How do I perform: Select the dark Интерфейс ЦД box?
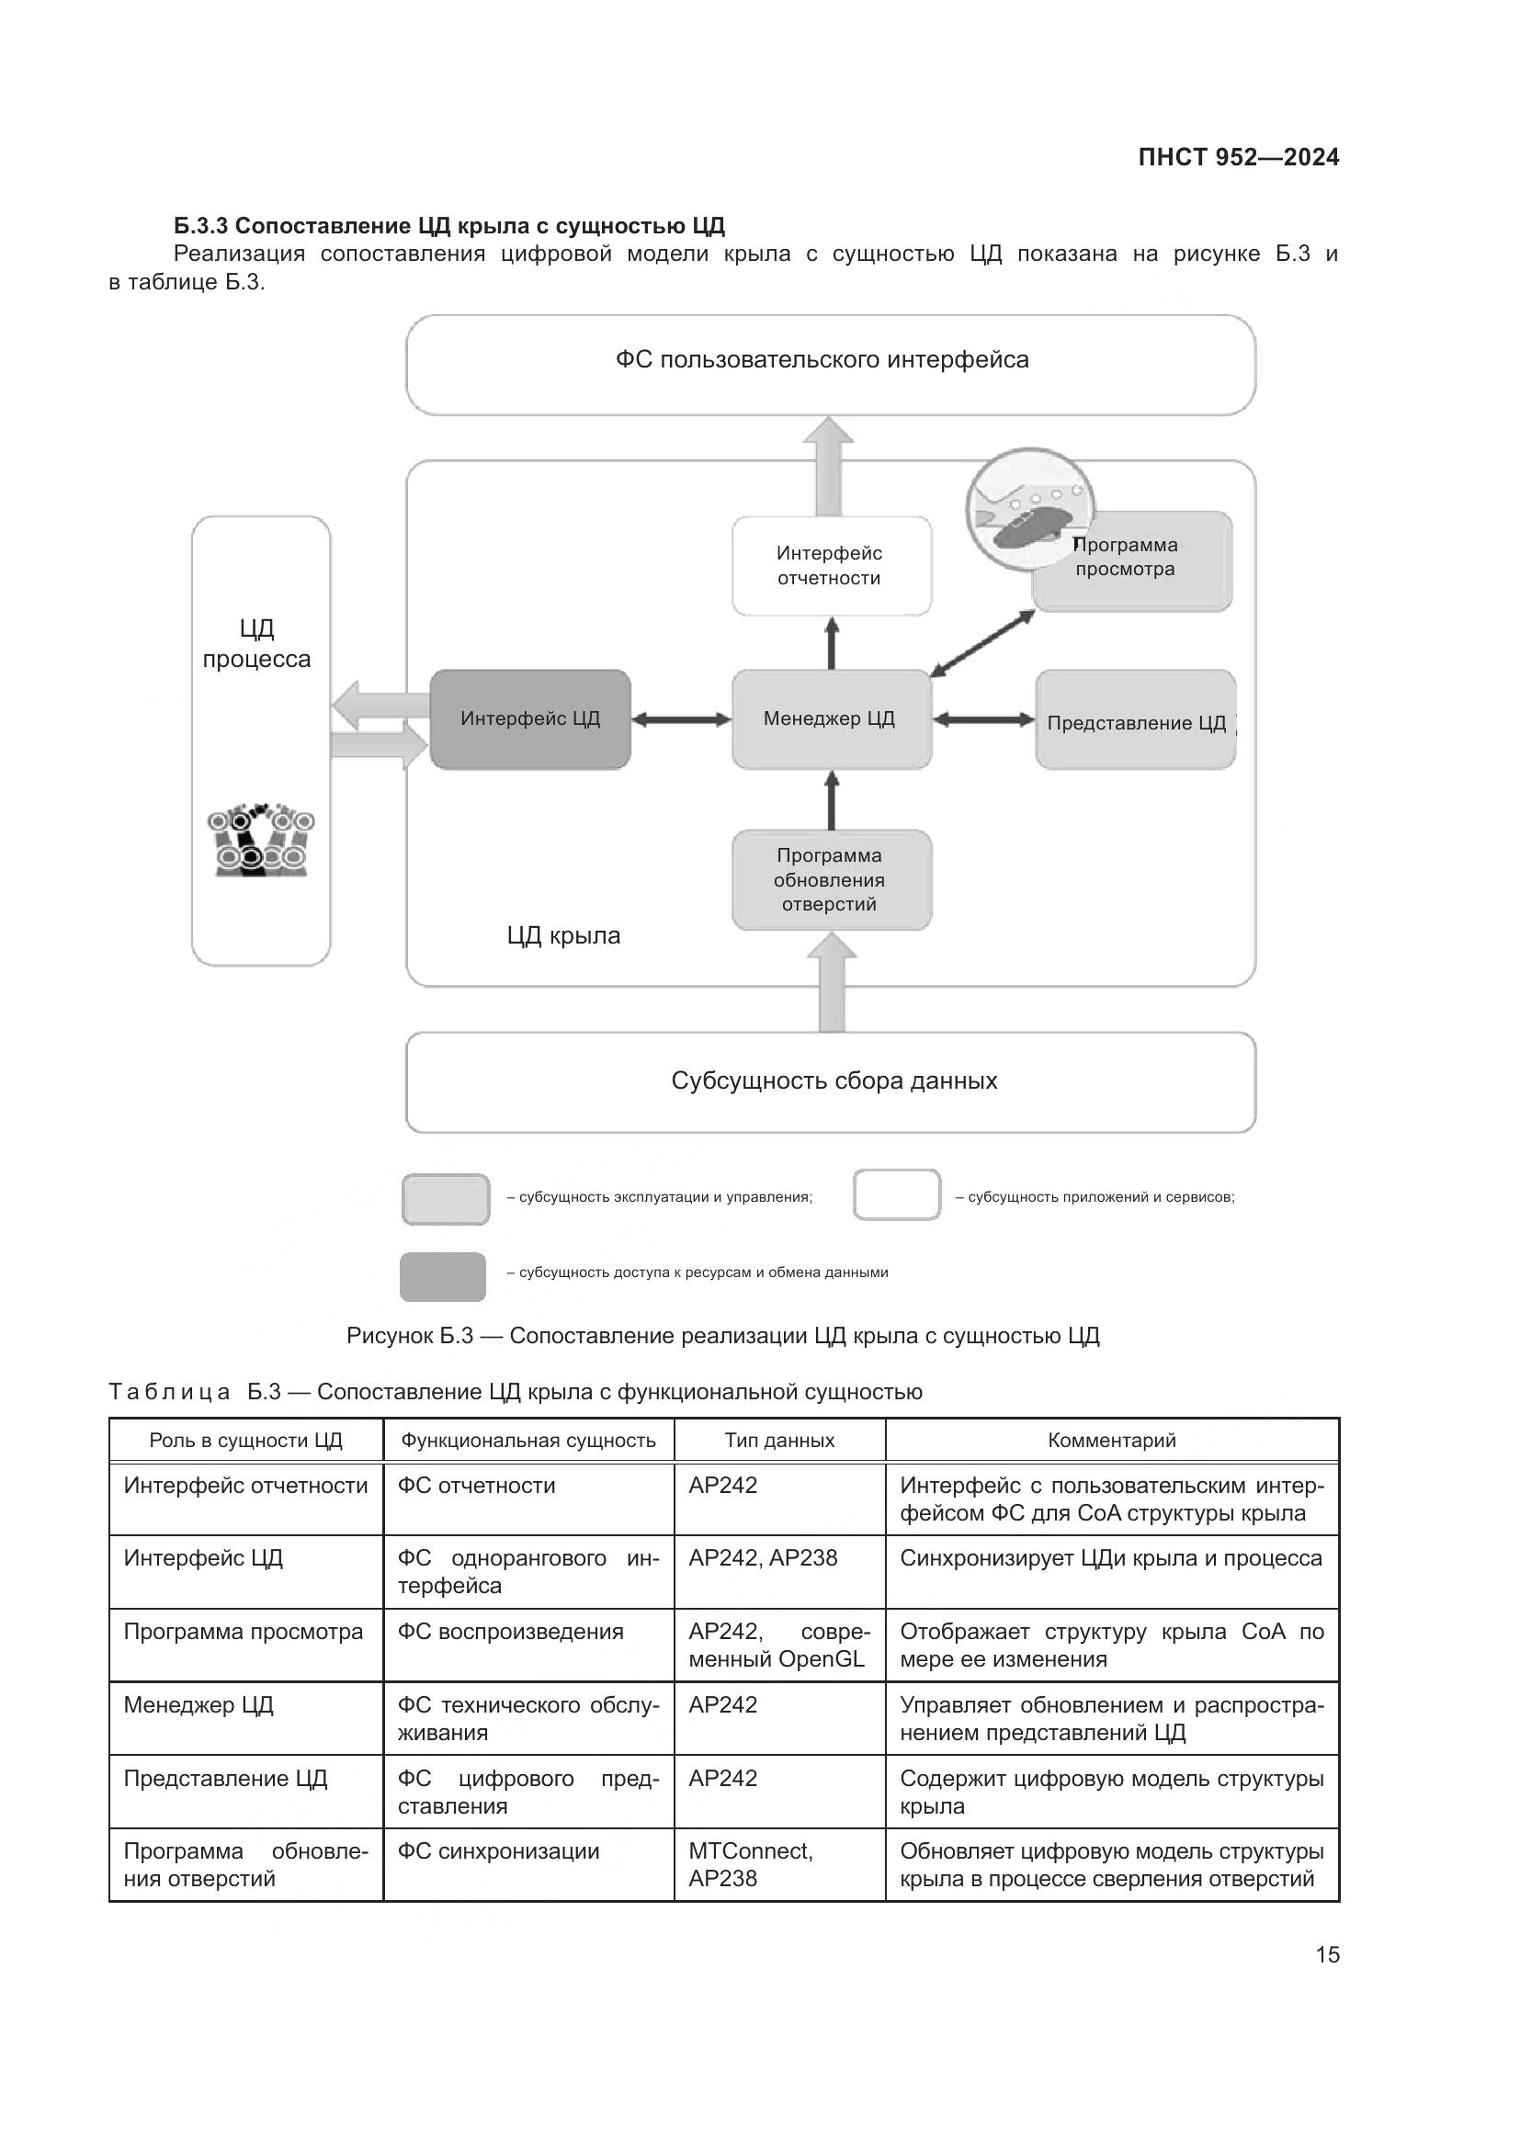pyautogui.click(x=529, y=718)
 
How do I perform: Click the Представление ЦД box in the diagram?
pyautogui.click(x=1135, y=720)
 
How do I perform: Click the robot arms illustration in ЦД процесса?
pyautogui.click(x=261, y=840)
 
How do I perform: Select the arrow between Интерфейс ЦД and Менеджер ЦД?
pyautogui.click(x=680, y=719)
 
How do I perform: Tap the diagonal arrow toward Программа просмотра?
pyautogui.click(x=981, y=643)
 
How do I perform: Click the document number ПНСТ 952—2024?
pyautogui.click(x=1237, y=157)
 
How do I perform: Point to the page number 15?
pyautogui.click(x=1326, y=1954)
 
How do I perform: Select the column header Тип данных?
pyautogui.click(x=778, y=1441)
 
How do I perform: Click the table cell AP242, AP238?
pyautogui.click(x=763, y=1558)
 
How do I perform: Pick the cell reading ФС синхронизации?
pyautogui.click(x=498, y=1851)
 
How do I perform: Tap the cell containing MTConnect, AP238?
pyautogui.click(x=751, y=1864)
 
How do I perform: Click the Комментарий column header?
pyautogui.click(x=1111, y=1441)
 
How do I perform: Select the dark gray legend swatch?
pyautogui.click(x=443, y=1277)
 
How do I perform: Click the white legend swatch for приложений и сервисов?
pyautogui.click(x=896, y=1195)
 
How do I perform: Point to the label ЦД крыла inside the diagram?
pyautogui.click(x=563, y=936)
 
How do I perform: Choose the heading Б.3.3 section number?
pyautogui.click(x=200, y=226)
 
